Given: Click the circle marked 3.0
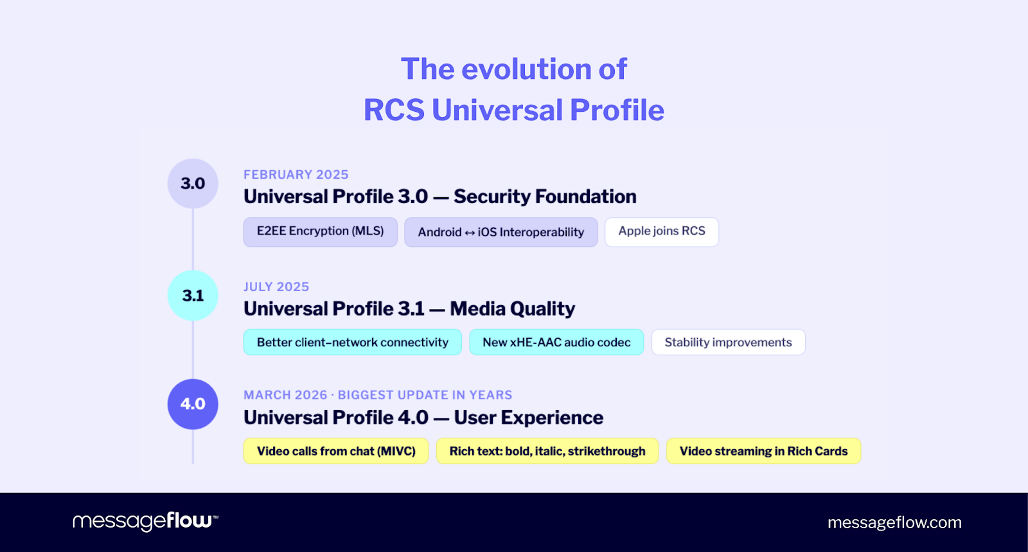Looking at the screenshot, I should pyautogui.click(x=193, y=183).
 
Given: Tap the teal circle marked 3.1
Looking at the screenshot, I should pyautogui.click(x=193, y=296).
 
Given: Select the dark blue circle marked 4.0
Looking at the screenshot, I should pyautogui.click(x=193, y=404).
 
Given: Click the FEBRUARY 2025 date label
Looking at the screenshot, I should pyautogui.click(x=296, y=175).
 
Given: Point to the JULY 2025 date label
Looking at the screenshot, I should pyautogui.click(x=276, y=287).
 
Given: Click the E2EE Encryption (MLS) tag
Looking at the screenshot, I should pyautogui.click(x=320, y=231).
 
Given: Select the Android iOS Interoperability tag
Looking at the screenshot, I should pyautogui.click(x=501, y=232).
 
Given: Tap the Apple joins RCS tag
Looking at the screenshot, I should pyautogui.click(x=661, y=231).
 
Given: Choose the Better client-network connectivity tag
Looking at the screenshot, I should pyautogui.click(x=352, y=343).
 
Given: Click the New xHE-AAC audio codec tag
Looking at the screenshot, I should pyautogui.click(x=556, y=343).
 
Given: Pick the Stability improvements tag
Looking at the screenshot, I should pyautogui.click(x=728, y=343).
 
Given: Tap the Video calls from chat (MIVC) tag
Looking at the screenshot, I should pyautogui.click(x=336, y=451).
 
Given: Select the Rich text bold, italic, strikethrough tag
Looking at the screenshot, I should pyautogui.click(x=547, y=451).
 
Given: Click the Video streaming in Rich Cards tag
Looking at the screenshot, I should pyautogui.click(x=763, y=451).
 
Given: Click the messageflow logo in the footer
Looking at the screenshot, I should pyautogui.click(x=145, y=521).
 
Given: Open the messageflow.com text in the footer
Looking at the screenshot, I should pyautogui.click(x=894, y=522).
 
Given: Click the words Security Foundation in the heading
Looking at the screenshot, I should pyautogui.click(x=545, y=197).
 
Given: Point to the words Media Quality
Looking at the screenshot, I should pyautogui.click(x=512, y=309).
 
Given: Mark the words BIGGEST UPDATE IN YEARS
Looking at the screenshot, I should pyautogui.click(x=425, y=395).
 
